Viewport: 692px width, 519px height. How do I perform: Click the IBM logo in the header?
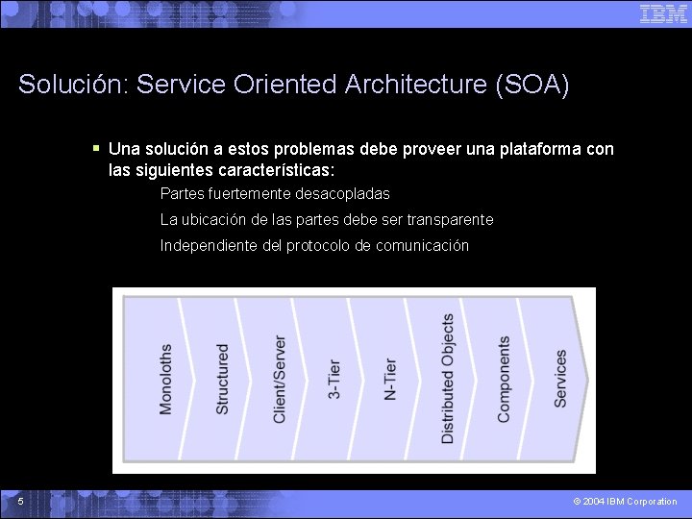point(663,13)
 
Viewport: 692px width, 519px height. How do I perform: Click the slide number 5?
point(20,502)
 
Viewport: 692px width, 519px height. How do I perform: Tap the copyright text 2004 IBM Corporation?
point(625,502)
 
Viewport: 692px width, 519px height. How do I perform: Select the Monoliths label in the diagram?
point(166,379)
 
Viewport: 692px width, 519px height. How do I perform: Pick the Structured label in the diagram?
point(223,379)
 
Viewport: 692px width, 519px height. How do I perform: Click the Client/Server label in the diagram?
point(280,379)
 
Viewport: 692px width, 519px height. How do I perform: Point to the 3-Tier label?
point(334,379)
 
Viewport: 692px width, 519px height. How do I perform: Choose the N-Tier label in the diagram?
point(390,379)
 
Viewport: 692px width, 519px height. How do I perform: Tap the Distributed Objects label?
point(448,379)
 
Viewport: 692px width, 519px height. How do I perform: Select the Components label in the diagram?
point(505,379)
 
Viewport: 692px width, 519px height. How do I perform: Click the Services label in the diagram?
point(561,379)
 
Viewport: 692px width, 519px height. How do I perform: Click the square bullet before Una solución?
point(96,148)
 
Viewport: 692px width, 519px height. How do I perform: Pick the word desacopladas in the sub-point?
point(342,193)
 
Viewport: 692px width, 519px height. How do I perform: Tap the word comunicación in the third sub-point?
point(422,245)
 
